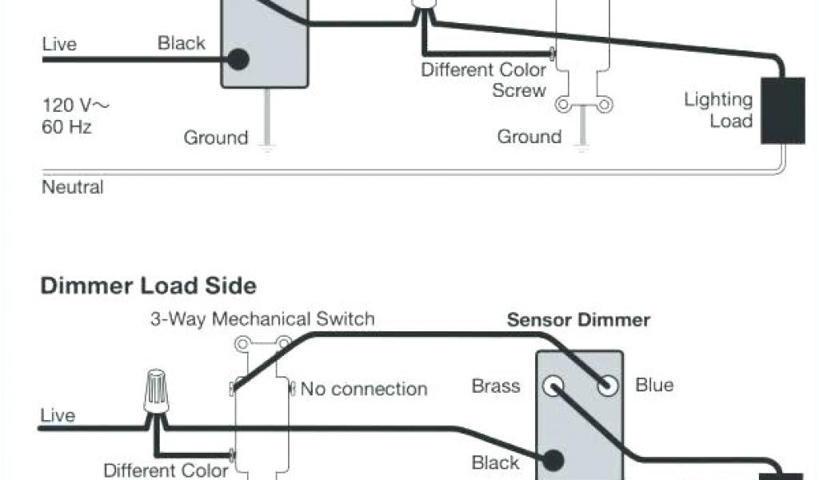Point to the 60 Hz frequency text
point(66,126)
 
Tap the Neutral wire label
point(72,188)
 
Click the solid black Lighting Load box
point(782,110)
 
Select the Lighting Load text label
point(718,110)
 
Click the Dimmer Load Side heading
point(149,286)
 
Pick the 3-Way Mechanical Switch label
point(262,319)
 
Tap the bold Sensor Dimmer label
point(578,321)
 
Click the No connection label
point(364,390)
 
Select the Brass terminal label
point(496,386)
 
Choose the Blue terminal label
point(654,385)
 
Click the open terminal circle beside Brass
point(552,386)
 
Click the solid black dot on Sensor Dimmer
point(552,460)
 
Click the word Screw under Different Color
point(519,90)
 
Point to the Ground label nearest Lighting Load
point(529,137)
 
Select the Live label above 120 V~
point(59,44)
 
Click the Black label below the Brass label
point(495,462)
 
